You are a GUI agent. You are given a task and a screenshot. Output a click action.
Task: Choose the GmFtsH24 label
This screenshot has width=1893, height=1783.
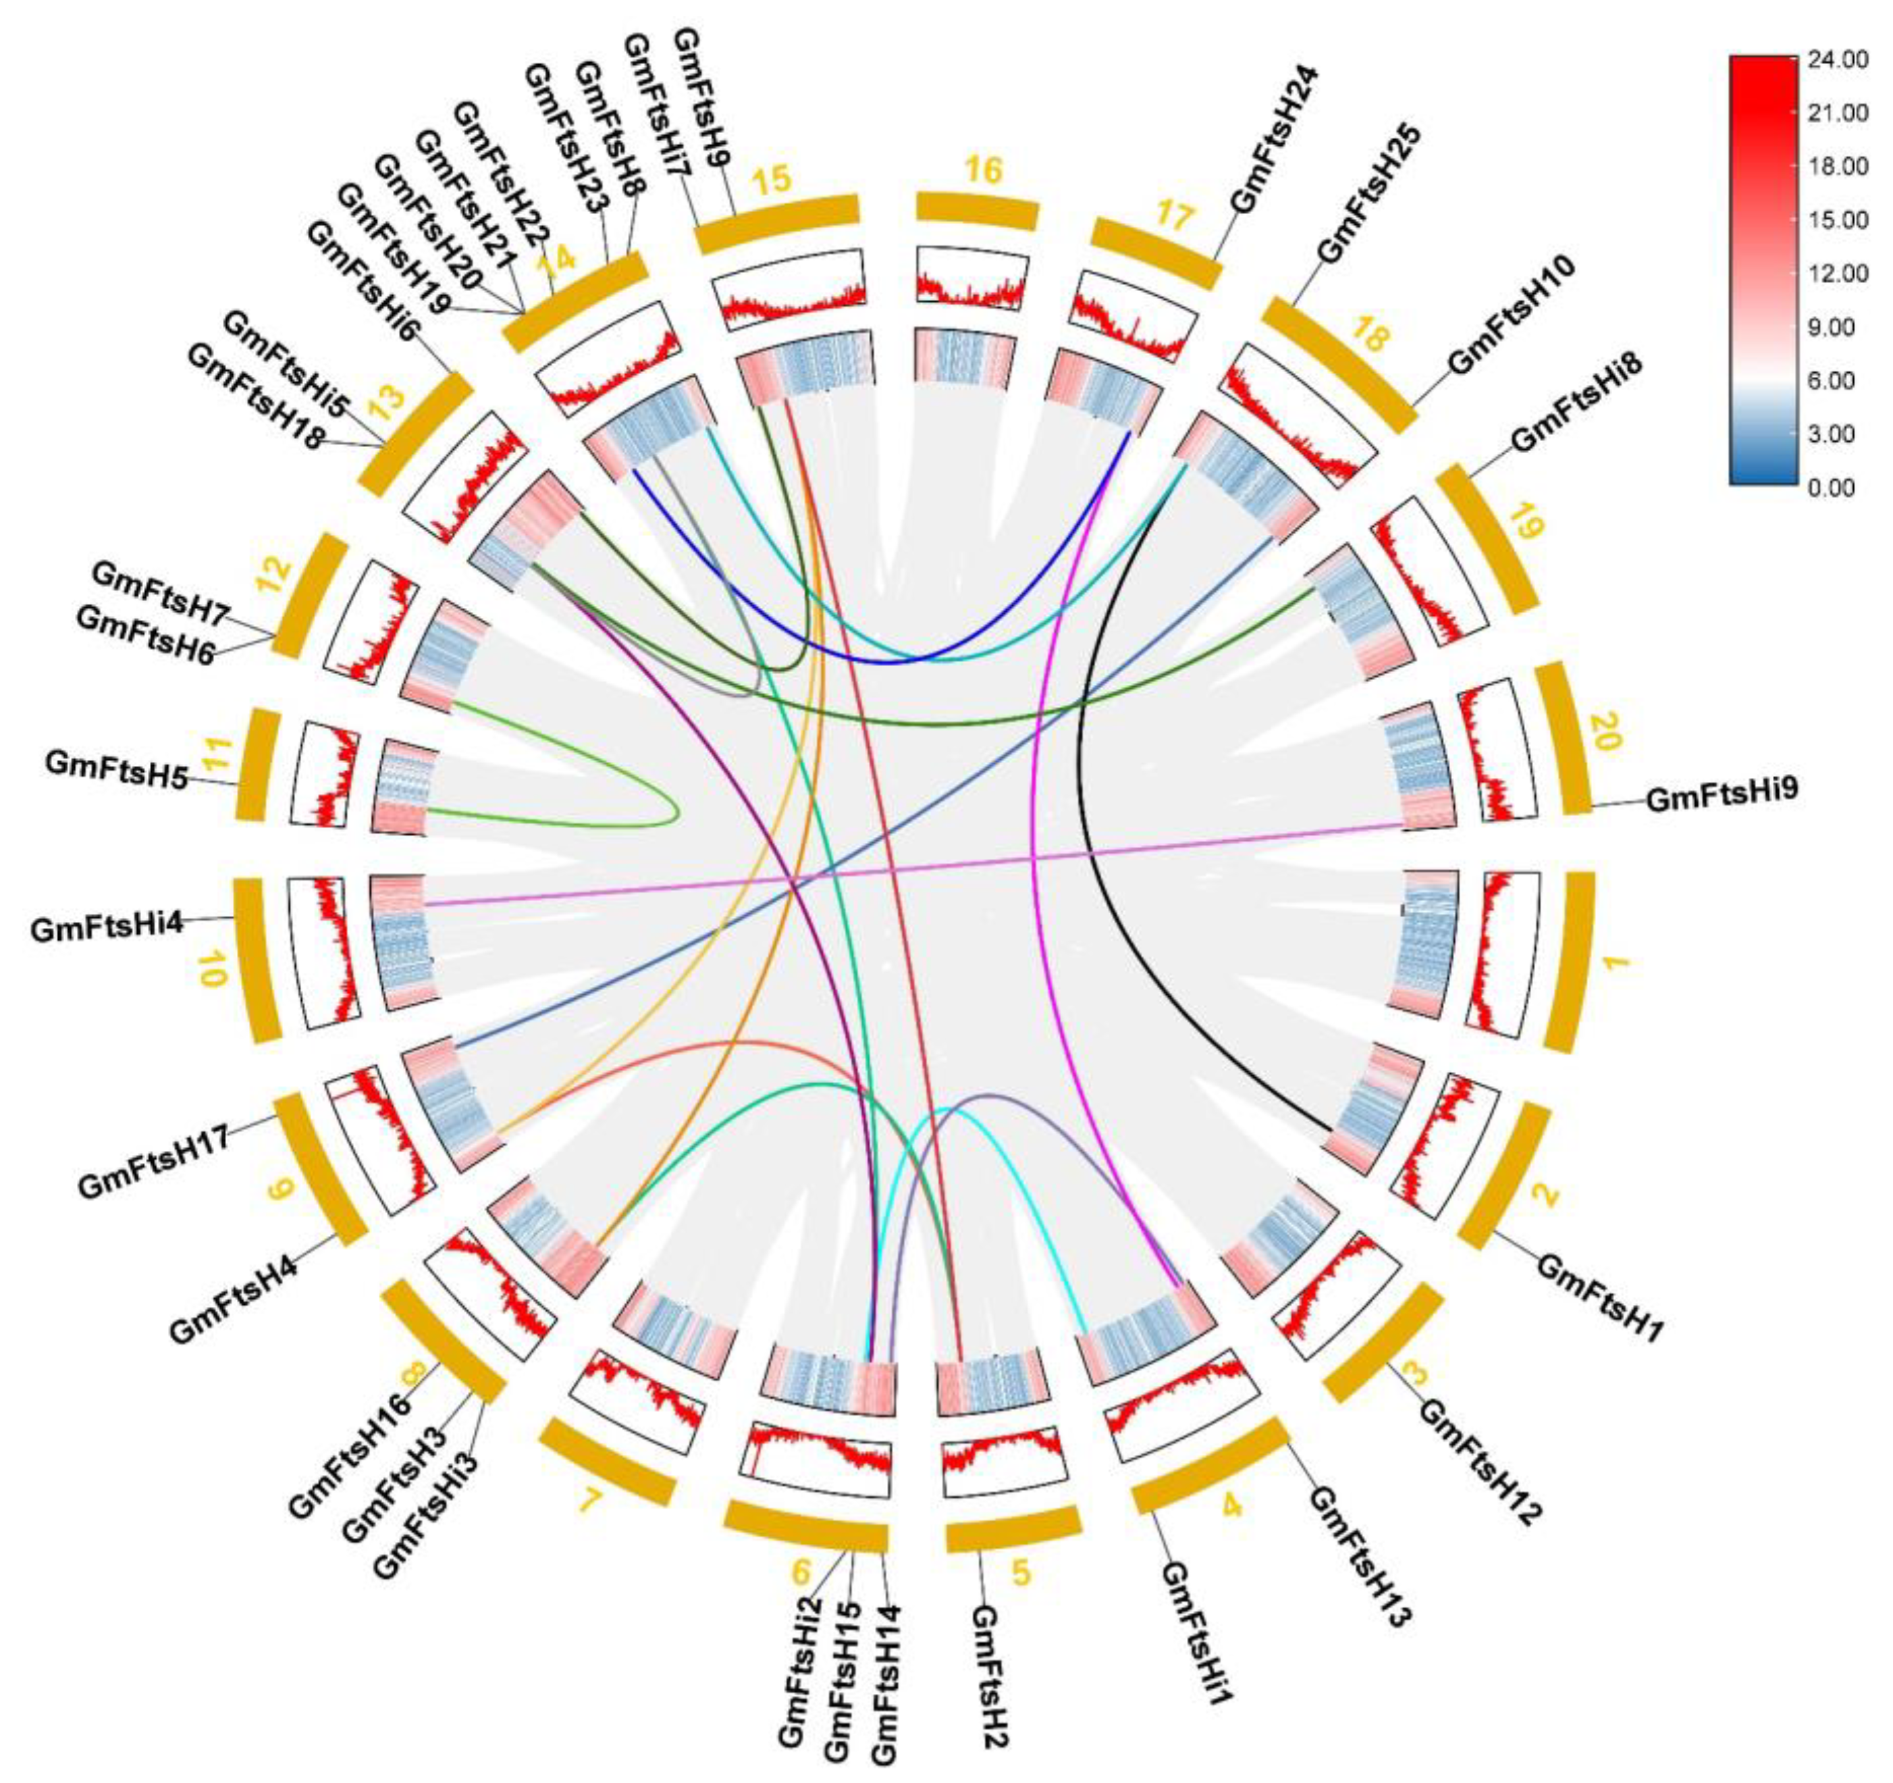click(x=1274, y=138)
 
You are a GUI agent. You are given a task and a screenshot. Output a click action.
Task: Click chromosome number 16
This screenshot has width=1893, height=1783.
click(x=984, y=172)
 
